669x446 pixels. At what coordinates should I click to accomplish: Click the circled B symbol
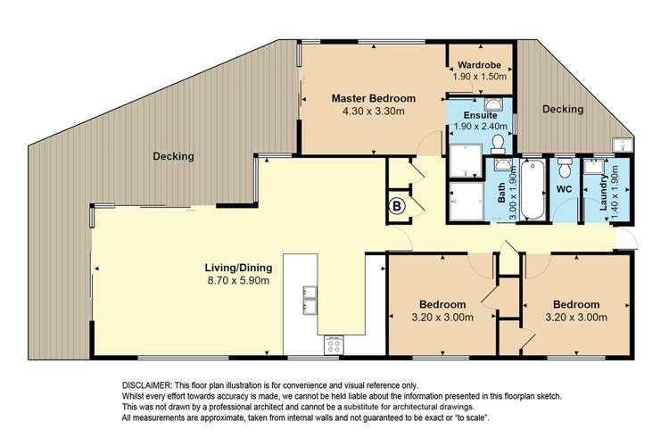397,205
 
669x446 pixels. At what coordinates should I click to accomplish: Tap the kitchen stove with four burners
335,344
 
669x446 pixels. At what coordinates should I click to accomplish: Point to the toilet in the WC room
563,169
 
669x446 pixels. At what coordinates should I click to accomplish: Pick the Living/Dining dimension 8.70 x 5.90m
235,281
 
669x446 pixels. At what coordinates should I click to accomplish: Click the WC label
563,190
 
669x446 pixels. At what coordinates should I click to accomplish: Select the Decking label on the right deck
562,110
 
